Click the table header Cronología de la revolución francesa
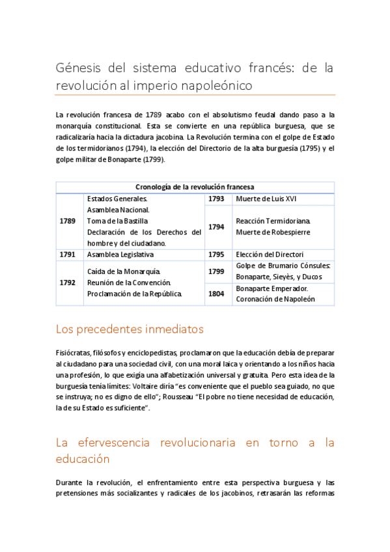click(x=195, y=187)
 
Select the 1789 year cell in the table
click(x=67, y=221)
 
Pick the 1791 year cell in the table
click(x=67, y=255)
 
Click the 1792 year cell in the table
click(x=67, y=283)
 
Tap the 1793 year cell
click(x=216, y=199)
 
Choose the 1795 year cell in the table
click(x=216, y=255)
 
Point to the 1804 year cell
click(x=216, y=294)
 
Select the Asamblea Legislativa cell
click(x=120, y=255)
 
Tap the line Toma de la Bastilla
click(x=117, y=221)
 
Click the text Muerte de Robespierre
click(x=273, y=232)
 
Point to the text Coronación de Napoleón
click(x=275, y=299)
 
